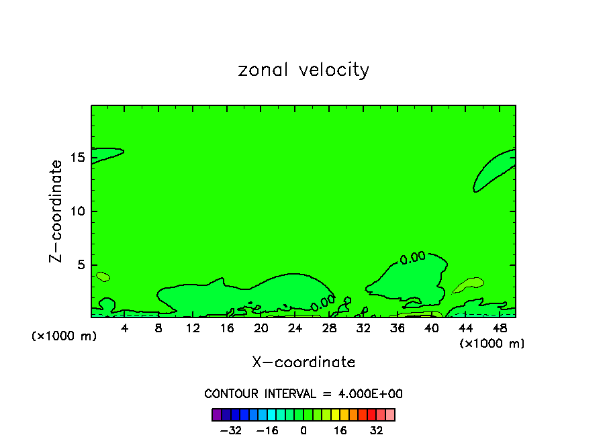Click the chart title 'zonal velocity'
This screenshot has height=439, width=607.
point(303,70)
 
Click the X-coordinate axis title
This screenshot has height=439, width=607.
point(303,362)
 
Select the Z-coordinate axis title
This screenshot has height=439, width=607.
point(57,211)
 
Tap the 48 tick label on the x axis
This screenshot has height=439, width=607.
point(499,328)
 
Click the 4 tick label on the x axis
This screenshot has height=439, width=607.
point(125,328)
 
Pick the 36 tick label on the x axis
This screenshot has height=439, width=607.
point(397,328)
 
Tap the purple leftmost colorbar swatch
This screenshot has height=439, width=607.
point(216,414)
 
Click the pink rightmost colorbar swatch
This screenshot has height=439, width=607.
point(390,414)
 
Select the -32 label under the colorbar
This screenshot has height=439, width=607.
point(232,430)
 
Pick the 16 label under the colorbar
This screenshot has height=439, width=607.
point(340,430)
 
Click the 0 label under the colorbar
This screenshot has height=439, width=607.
point(303,430)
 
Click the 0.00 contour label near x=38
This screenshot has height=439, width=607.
point(412,257)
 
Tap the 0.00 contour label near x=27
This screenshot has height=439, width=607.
point(323,303)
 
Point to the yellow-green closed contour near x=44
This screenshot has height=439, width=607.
point(469,285)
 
